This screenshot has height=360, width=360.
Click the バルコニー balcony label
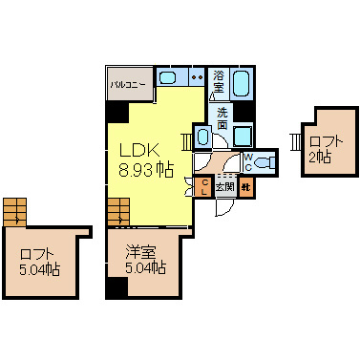tap(128, 85)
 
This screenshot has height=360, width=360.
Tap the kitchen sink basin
tap(168, 77)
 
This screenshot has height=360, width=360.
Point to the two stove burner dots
tap(197, 77)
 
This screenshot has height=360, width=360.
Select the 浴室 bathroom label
tap(219, 81)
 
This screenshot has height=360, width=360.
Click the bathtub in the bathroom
tap(241, 83)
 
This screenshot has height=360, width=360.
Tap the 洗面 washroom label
tap(222, 118)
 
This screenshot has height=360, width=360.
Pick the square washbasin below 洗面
tap(243, 136)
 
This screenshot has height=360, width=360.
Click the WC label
tap(248, 162)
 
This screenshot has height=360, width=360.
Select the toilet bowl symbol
tap(265, 162)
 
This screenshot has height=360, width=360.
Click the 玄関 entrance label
tap(225, 186)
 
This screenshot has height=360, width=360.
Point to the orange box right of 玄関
tap(245, 187)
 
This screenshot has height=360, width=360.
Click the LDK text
tap(139, 150)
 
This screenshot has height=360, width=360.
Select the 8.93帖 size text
tap(146, 170)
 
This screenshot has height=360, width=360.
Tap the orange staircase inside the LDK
tap(118, 212)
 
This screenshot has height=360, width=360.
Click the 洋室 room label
tap(140, 252)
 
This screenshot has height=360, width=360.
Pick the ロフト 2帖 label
tap(326, 149)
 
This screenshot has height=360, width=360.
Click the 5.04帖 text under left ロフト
tap(40, 269)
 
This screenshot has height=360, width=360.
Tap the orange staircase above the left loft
tap(15, 212)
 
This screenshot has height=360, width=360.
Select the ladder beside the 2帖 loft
tap(295, 142)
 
